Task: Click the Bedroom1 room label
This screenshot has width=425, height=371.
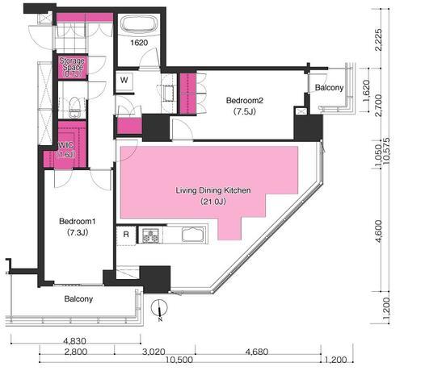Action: [78, 221]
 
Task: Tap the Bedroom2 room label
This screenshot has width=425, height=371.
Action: [245, 101]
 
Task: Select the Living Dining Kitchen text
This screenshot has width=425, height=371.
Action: [213, 190]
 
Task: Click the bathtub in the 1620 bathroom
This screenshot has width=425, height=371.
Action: [139, 24]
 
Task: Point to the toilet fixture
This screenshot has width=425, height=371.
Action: [74, 107]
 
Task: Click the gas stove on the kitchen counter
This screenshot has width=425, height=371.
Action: [151, 235]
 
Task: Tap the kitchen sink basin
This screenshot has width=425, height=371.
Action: [193, 235]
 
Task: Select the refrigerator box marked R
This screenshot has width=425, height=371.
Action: [126, 235]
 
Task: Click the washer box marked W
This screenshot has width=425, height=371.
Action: [124, 81]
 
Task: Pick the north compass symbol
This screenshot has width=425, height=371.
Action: [160, 309]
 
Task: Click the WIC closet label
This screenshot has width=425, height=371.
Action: [65, 145]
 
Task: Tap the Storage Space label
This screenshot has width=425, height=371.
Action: [72, 64]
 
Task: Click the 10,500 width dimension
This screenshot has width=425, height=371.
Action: [179, 360]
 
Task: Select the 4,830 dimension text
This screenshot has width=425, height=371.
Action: [75, 340]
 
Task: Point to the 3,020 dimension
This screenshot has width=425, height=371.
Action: [154, 352]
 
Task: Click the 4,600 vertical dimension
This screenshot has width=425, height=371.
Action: [378, 231]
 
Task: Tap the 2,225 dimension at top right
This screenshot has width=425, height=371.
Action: [378, 40]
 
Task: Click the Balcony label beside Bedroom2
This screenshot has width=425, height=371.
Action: [329, 88]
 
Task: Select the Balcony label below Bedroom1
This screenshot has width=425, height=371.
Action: [78, 299]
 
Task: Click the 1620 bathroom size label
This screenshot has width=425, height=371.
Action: [139, 43]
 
